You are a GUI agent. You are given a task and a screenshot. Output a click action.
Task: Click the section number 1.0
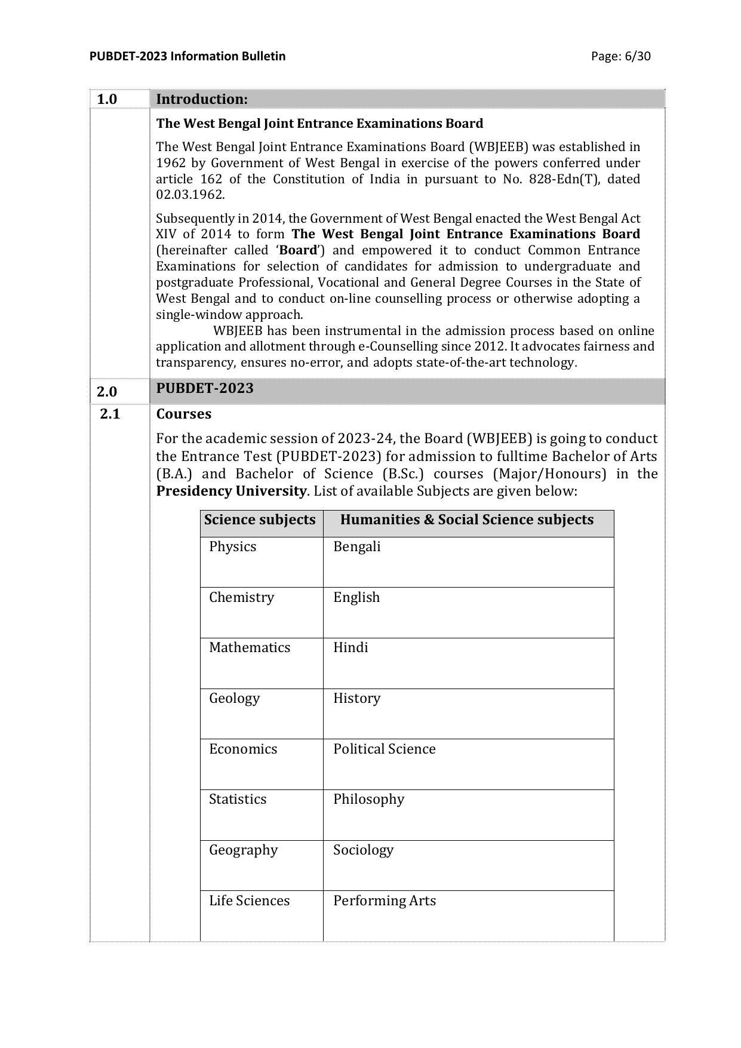tap(107, 99)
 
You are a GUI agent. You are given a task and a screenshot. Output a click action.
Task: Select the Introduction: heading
tap(202, 99)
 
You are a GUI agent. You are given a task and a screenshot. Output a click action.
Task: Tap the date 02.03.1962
tap(190, 195)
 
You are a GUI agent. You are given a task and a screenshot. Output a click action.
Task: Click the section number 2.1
tap(110, 414)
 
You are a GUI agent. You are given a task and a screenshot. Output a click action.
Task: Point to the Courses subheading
tap(183, 414)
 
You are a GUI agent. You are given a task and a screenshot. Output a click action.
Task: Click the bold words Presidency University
tap(231, 491)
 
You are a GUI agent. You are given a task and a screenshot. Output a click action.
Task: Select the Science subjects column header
tap(260, 520)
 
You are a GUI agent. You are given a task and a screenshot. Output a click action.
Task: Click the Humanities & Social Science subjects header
tap(466, 520)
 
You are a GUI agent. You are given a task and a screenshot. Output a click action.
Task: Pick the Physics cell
tap(232, 546)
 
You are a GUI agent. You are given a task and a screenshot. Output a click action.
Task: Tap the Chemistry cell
tap(241, 597)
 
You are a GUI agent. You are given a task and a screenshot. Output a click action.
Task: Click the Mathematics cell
tap(249, 647)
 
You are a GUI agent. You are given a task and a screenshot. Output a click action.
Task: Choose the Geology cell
tap(234, 698)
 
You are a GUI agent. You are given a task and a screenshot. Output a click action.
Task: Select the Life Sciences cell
tap(249, 901)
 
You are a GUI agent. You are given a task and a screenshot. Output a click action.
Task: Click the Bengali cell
tap(356, 546)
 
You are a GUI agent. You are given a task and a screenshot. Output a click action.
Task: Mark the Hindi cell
tap(350, 647)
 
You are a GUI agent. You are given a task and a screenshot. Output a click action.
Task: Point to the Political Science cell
tap(384, 749)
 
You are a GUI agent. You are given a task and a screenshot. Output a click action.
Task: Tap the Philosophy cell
tap(368, 799)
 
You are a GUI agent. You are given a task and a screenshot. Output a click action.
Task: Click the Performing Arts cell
tap(384, 901)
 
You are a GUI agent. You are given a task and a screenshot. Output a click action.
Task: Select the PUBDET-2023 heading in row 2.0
tap(205, 388)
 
